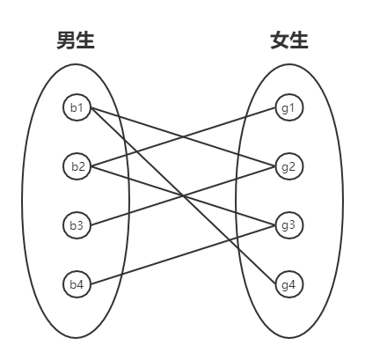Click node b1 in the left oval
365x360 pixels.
pyautogui.click(x=77, y=107)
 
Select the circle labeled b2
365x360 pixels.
pyautogui.click(x=77, y=165)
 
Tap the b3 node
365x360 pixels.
pyautogui.click(x=77, y=225)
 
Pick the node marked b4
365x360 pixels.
pyautogui.click(x=77, y=283)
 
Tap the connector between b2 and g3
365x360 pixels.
pyautogui.click(x=132, y=180)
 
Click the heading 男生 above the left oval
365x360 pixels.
pyautogui.click(x=76, y=40)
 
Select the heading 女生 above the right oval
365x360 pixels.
pyautogui.click(x=289, y=40)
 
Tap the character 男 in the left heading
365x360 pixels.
pyautogui.click(x=66, y=40)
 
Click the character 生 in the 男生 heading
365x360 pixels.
pyautogui.click(x=86, y=40)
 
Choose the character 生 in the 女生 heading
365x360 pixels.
pyautogui.click(x=300, y=40)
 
